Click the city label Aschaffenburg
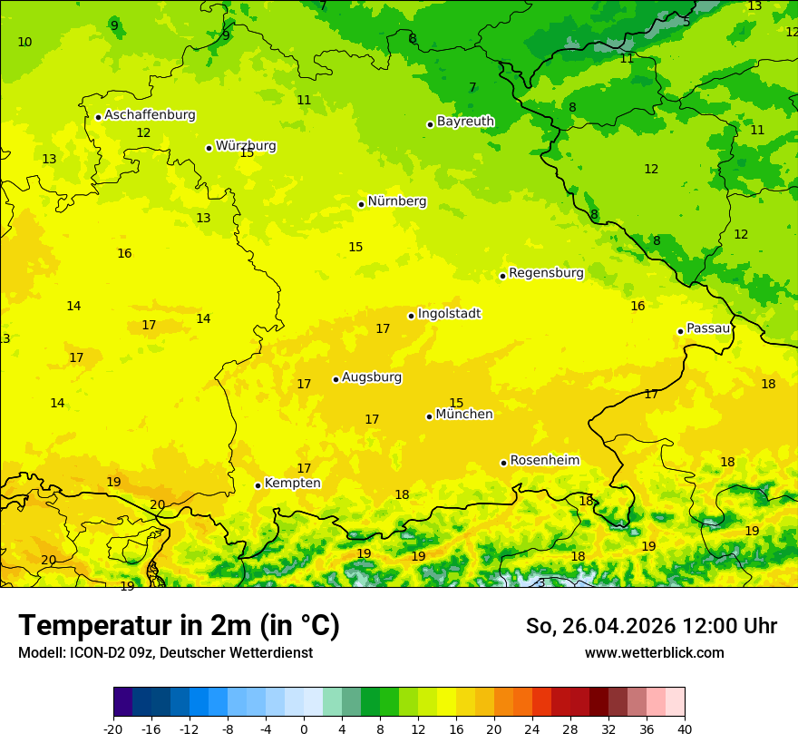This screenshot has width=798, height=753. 150,115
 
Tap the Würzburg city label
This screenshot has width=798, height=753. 246,146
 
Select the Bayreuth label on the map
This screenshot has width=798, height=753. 465,122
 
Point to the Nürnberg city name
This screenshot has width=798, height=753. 396,201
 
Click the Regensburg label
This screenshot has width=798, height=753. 546,273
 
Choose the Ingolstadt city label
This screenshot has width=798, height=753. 449,314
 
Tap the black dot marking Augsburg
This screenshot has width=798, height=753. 336,379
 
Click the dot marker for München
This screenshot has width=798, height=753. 430,416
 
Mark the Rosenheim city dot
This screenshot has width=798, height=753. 504,463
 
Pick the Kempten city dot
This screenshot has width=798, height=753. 258,485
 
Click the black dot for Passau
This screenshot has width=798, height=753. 680,331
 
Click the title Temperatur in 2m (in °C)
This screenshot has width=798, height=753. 179,626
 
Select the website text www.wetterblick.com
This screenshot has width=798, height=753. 654,653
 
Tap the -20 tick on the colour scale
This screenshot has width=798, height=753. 113,729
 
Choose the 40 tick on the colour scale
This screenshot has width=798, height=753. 685,729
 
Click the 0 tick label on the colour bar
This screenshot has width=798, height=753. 304,729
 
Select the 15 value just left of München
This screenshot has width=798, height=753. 456,403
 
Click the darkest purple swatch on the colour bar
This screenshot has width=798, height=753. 122,702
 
